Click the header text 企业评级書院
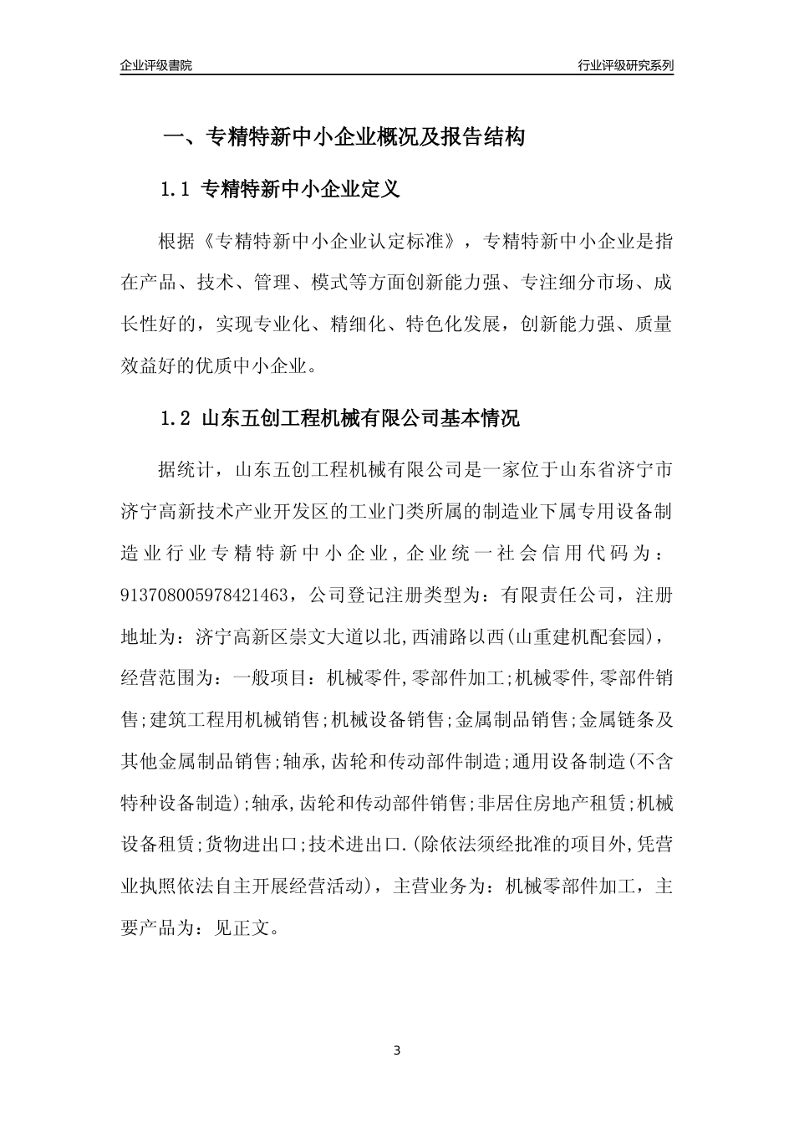[156, 65]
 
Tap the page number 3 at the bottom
[397, 1050]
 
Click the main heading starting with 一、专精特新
[343, 137]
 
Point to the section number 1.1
[176, 190]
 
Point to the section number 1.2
[176, 419]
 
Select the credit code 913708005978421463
[207, 596]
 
